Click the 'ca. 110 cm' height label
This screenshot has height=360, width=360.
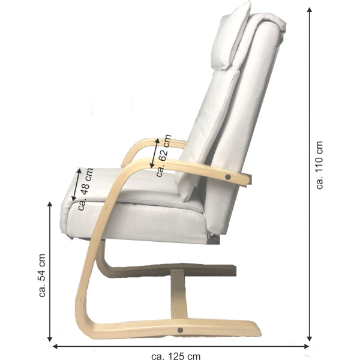319,166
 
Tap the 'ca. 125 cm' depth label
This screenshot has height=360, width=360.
176,356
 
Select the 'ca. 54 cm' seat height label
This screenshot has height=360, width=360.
42,275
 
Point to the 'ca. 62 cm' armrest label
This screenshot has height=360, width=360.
163,155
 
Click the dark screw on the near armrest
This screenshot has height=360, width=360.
228,177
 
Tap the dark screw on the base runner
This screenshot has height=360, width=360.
180,330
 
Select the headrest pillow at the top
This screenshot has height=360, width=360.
230,35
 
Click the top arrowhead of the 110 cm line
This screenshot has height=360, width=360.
310,10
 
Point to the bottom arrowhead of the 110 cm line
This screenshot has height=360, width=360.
310,338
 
